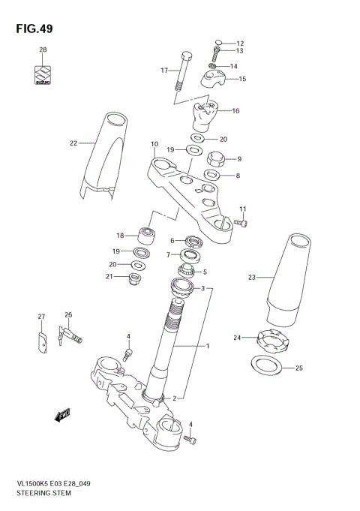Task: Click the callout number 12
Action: [241, 43]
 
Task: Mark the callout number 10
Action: [154, 144]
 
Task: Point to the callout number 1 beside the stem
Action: [208, 346]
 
